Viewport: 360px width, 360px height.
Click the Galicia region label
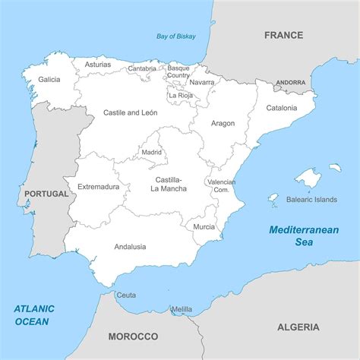click(x=49, y=79)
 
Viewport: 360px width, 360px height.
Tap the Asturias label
click(x=97, y=65)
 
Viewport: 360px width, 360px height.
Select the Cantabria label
click(x=142, y=68)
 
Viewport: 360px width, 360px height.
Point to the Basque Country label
click(x=178, y=72)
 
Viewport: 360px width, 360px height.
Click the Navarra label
click(x=202, y=82)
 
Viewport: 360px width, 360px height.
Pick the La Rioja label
click(x=181, y=96)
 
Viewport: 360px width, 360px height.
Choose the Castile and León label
click(x=130, y=112)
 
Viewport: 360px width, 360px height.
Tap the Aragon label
click(x=223, y=123)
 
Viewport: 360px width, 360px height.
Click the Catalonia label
click(x=281, y=108)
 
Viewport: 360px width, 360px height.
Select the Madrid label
click(x=152, y=152)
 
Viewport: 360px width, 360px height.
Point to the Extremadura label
click(x=98, y=186)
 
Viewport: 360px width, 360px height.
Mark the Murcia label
click(x=204, y=226)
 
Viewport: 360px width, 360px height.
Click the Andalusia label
click(x=130, y=247)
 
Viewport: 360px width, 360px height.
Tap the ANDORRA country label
click(x=291, y=82)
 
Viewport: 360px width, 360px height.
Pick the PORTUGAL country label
click(x=46, y=194)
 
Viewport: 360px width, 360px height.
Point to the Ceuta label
click(x=126, y=295)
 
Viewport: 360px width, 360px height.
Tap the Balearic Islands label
click(x=311, y=200)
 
